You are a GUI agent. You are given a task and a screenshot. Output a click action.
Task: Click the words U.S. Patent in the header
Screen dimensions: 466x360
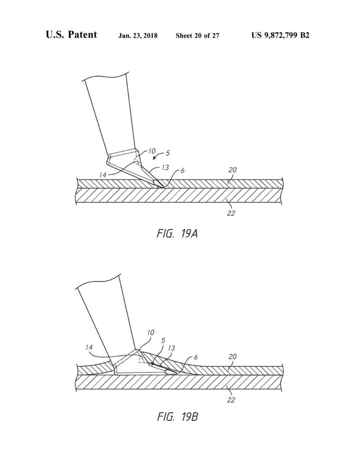[x=71, y=35]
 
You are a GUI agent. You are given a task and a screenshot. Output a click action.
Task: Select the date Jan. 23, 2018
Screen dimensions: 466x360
[x=138, y=35]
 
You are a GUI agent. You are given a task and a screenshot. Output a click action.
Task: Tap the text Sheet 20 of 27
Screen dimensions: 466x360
[x=197, y=35]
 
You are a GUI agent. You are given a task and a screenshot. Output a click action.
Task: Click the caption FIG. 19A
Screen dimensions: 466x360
[x=177, y=233]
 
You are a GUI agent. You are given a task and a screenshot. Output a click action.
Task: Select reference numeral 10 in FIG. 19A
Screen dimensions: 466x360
[x=151, y=151]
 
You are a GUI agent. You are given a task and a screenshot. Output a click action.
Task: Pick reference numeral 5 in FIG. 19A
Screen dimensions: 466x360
[x=168, y=153]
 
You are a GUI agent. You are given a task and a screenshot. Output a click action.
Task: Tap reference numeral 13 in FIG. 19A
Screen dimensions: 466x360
[x=165, y=167]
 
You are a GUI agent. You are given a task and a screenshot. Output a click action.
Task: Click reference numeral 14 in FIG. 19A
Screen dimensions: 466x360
[x=102, y=175]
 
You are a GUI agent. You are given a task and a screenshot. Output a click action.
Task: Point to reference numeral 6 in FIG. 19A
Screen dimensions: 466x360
[x=182, y=171]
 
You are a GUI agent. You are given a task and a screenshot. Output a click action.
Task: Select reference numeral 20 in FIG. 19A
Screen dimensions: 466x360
[x=232, y=170]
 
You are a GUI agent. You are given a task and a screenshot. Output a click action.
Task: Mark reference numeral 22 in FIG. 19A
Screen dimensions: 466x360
[x=231, y=213]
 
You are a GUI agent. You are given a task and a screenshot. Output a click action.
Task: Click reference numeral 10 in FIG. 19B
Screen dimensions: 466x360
[x=151, y=332]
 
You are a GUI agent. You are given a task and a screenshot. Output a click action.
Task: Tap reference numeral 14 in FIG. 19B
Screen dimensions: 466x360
[x=89, y=347]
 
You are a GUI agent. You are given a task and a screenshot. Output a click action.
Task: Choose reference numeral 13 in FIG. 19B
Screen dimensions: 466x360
[x=171, y=348]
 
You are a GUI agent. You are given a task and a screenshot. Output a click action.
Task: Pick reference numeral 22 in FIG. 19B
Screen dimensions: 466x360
[x=231, y=400]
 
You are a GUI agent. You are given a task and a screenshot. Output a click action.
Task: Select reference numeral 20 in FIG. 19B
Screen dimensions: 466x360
[x=232, y=357]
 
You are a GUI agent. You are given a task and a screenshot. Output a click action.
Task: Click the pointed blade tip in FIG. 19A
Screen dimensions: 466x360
[x=162, y=186]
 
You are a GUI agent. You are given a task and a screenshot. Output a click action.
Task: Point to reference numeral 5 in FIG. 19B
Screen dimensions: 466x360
[x=163, y=340]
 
